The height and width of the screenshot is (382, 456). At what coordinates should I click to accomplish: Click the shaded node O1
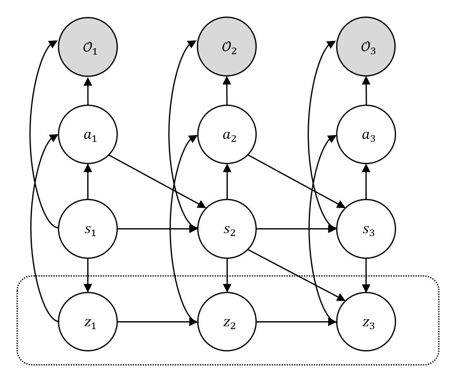point(88,48)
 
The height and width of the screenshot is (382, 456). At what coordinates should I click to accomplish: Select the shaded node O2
point(227,48)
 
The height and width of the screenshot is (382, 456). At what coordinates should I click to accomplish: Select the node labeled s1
point(88,229)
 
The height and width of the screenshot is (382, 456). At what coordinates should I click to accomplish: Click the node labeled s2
point(227,229)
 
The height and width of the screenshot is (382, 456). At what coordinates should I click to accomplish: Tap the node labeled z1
point(88,322)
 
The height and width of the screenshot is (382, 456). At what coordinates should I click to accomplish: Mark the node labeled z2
point(227,322)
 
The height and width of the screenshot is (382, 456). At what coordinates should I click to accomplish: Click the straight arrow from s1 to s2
point(157,229)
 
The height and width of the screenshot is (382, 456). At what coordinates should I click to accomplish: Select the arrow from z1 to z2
point(157,322)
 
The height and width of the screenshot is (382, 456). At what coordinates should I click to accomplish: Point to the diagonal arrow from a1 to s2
point(157,181)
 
